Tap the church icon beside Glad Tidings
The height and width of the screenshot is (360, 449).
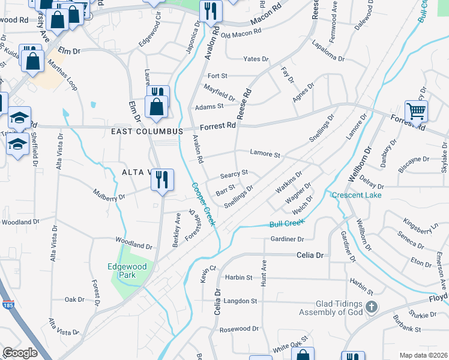point(372,307)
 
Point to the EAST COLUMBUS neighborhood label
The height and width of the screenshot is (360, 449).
point(146,131)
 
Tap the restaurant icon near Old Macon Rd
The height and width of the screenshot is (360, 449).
point(211,10)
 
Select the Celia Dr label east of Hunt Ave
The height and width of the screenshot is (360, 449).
point(310,255)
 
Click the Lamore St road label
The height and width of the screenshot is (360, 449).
point(265,154)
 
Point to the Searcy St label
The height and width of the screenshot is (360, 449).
point(234,173)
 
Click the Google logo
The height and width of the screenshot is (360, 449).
point(20,353)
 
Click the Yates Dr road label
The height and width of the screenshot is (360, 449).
point(256,59)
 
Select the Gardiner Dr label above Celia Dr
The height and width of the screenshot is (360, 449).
point(288,239)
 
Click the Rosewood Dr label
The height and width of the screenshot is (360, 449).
point(238,329)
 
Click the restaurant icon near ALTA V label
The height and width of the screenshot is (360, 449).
point(161,179)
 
